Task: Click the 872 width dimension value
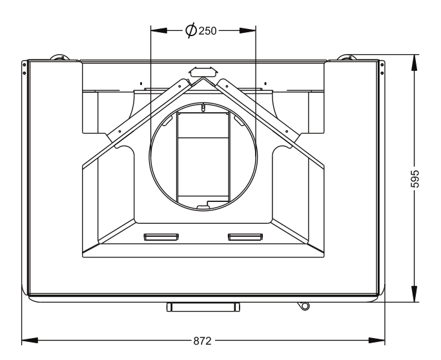pos(202,341)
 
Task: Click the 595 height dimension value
pos(415,179)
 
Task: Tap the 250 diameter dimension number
pos(207,31)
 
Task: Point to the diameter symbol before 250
pos(191,30)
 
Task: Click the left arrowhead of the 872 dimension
pos(30,341)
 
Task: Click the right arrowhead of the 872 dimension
pos(377,341)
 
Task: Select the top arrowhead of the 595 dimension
pos(415,63)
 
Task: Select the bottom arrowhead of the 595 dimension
pos(415,294)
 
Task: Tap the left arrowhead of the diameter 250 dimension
pos(159,30)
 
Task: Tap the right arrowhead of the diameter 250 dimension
pos(248,30)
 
